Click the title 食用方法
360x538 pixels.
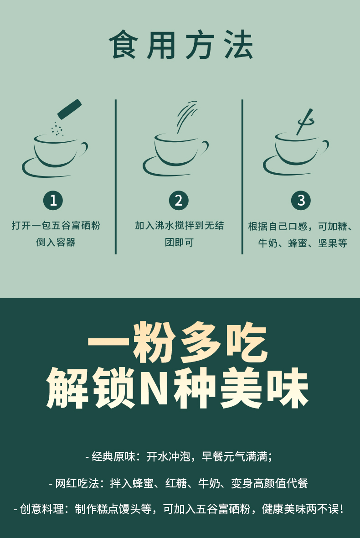[181, 45]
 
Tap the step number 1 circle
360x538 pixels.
[53, 200]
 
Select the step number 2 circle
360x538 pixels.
[179, 200]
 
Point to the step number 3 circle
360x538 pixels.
[301, 200]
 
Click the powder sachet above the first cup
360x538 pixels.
[70, 109]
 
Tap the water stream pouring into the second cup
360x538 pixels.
[186, 117]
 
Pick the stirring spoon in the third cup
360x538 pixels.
[305, 122]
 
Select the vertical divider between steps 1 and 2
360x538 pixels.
[116, 177]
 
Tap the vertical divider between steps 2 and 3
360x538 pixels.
[242, 177]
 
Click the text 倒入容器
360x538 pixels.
[56, 242]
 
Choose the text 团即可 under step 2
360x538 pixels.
[179, 242]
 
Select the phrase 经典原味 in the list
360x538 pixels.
[113, 456]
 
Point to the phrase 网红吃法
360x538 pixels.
[77, 483]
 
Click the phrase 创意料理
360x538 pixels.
[42, 508]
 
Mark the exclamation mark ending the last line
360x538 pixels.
[341, 508]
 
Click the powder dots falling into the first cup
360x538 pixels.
[57, 129]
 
